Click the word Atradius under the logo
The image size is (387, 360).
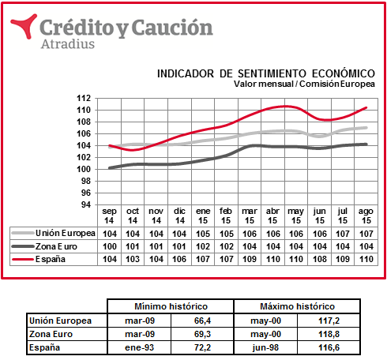pos(68,44)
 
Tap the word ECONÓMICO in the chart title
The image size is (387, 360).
pos(344,73)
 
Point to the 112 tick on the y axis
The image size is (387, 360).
pos(84,99)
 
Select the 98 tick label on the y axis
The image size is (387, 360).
pos(85,181)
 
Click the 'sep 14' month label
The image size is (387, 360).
pos(109,216)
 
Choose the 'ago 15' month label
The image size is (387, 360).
pos(366,216)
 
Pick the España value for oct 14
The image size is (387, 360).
pos(133,259)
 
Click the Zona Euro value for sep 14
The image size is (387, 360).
pos(110,246)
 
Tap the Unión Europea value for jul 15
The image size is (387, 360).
pos(343,234)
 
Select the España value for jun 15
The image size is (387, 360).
pos(320,259)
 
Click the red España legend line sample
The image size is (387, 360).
pos(23,260)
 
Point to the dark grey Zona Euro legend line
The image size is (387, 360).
pos(23,246)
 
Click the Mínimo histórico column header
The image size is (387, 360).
pos(171,306)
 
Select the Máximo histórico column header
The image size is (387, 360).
pos(297,306)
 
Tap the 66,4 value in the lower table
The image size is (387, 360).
pos(202,321)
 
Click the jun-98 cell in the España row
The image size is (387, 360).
pos(265,347)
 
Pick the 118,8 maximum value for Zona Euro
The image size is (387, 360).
pos(329,334)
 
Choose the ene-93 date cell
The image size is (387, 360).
pos(139,347)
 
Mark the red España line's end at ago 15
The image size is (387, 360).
pos(366,107)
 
